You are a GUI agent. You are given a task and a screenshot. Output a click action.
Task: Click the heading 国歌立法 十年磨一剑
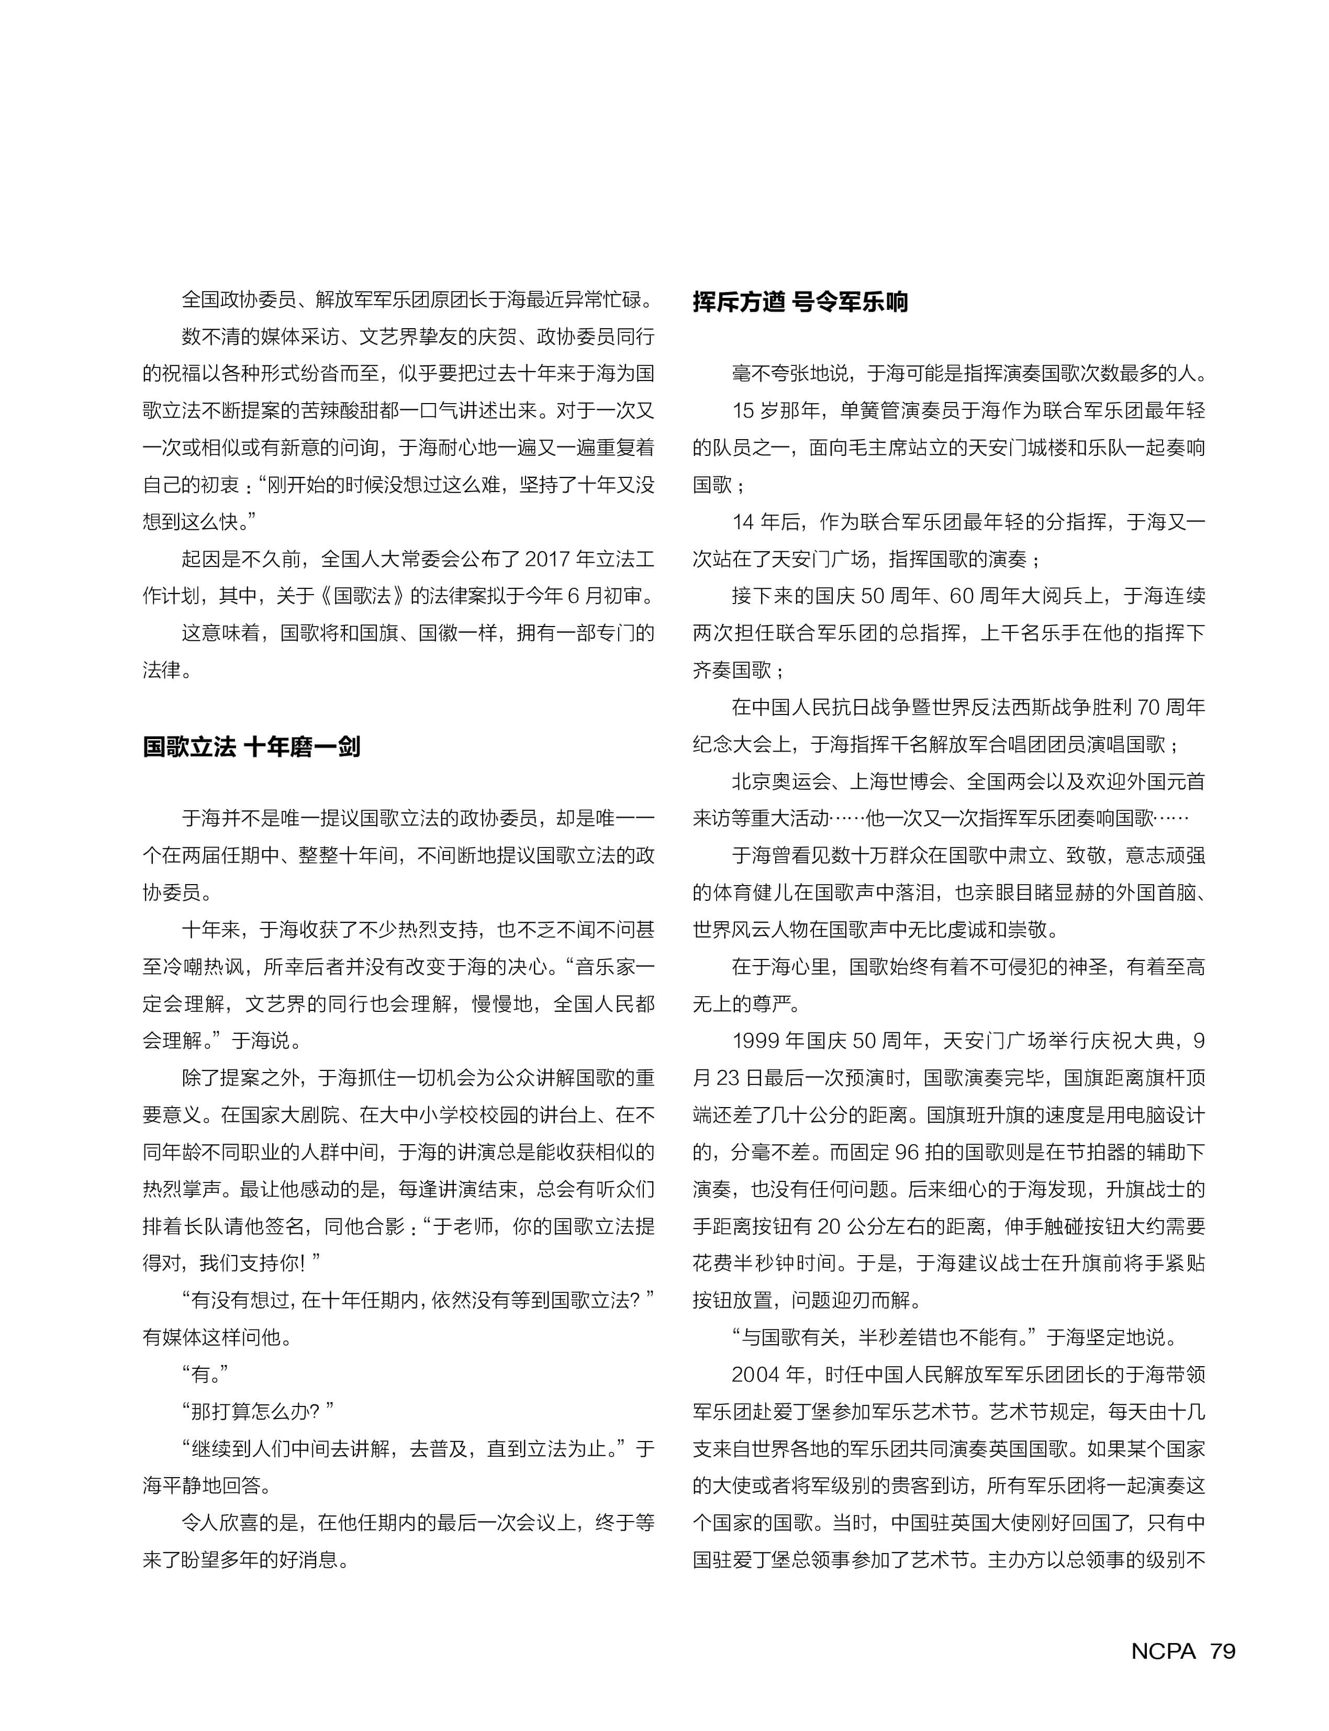[252, 747]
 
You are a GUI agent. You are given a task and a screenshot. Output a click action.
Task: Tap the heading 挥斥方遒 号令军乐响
[800, 302]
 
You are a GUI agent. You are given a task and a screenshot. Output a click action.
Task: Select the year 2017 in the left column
[548, 560]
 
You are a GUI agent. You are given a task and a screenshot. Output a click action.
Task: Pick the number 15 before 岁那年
[744, 410]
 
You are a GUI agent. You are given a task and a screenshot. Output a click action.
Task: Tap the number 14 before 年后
[744, 522]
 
